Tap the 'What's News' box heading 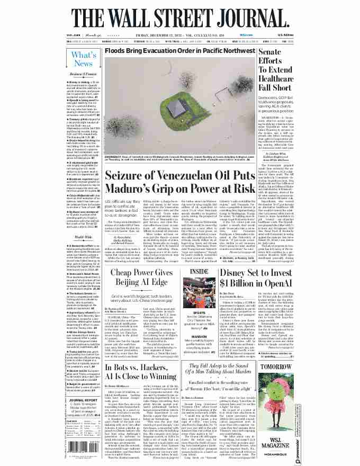click(84, 59)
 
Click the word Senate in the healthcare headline click(273, 52)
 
